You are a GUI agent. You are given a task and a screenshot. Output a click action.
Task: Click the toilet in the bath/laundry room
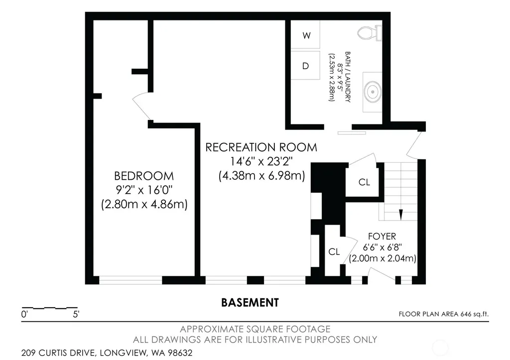tap(370, 33)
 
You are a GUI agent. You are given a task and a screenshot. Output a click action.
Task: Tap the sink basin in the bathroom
tap(373, 92)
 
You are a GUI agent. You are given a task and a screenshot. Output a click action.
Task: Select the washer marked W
tap(306, 35)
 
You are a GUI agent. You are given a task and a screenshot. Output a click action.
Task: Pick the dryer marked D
tap(306, 66)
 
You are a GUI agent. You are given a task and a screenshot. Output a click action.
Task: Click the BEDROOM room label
tap(144, 176)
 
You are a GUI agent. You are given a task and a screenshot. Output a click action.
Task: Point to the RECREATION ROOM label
tap(261, 147)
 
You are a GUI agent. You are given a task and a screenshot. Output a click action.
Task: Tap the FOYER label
tap(382, 236)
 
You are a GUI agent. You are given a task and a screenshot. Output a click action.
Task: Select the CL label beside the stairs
tap(364, 182)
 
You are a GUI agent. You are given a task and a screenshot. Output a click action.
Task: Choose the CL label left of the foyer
tap(334, 252)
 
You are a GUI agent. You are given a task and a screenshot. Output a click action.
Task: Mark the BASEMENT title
tap(250, 303)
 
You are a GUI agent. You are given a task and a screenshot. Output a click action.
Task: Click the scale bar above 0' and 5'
tap(49, 308)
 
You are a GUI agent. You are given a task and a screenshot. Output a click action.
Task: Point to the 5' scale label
tap(76, 315)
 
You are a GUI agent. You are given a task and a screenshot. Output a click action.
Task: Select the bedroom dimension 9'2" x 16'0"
tap(144, 190)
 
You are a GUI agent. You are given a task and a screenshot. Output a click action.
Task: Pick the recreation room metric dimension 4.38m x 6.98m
tap(262, 176)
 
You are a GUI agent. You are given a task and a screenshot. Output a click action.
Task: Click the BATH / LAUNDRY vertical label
tap(348, 77)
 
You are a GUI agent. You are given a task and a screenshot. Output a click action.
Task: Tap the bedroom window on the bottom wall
tap(130, 280)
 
